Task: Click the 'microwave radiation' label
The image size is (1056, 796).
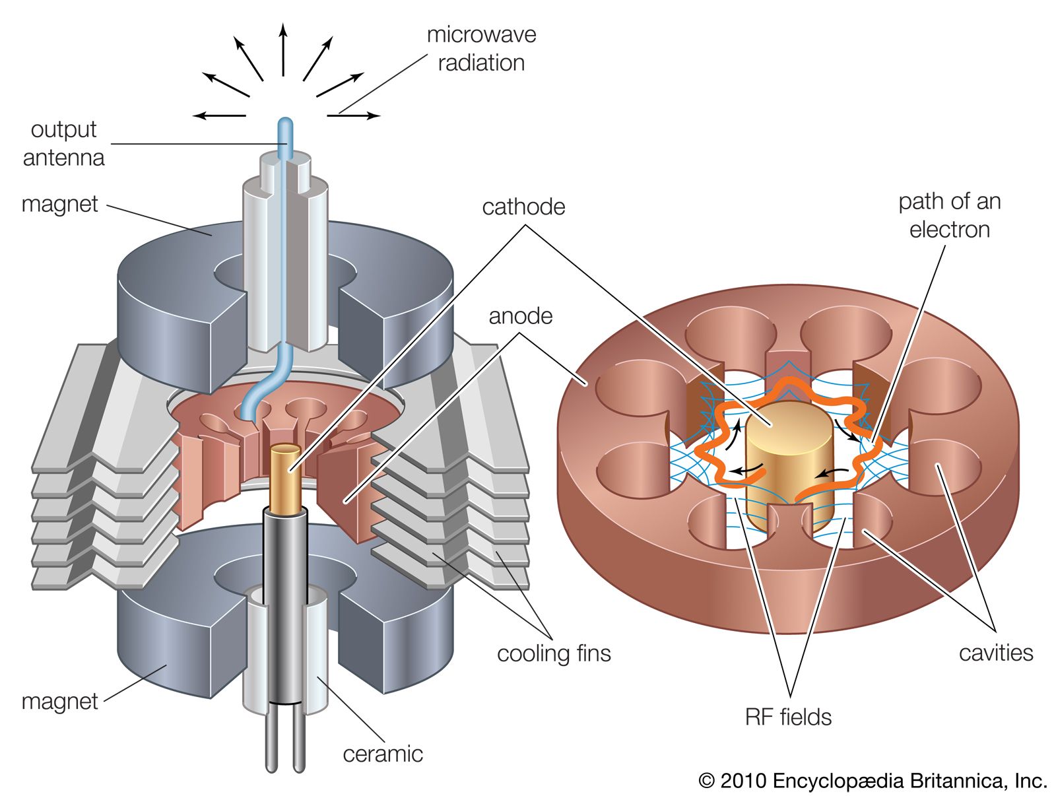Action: [x=481, y=49]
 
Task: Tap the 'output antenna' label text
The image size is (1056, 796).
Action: [x=63, y=143]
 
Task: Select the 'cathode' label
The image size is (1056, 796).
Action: [x=523, y=207]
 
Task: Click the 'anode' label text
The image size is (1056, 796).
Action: [x=520, y=316]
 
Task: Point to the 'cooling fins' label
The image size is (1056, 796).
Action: [x=554, y=653]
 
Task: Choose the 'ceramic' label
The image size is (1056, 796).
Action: [x=383, y=754]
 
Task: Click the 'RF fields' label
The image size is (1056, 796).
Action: [x=788, y=717]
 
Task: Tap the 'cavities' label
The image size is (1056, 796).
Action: [x=995, y=653]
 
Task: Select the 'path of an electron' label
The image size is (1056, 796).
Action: [x=949, y=215]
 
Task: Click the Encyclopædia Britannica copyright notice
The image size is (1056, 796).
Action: [x=873, y=781]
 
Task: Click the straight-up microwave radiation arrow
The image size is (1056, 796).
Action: [x=283, y=50]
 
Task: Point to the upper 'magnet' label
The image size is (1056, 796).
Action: [x=59, y=205]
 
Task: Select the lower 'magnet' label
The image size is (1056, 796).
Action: [x=59, y=701]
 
